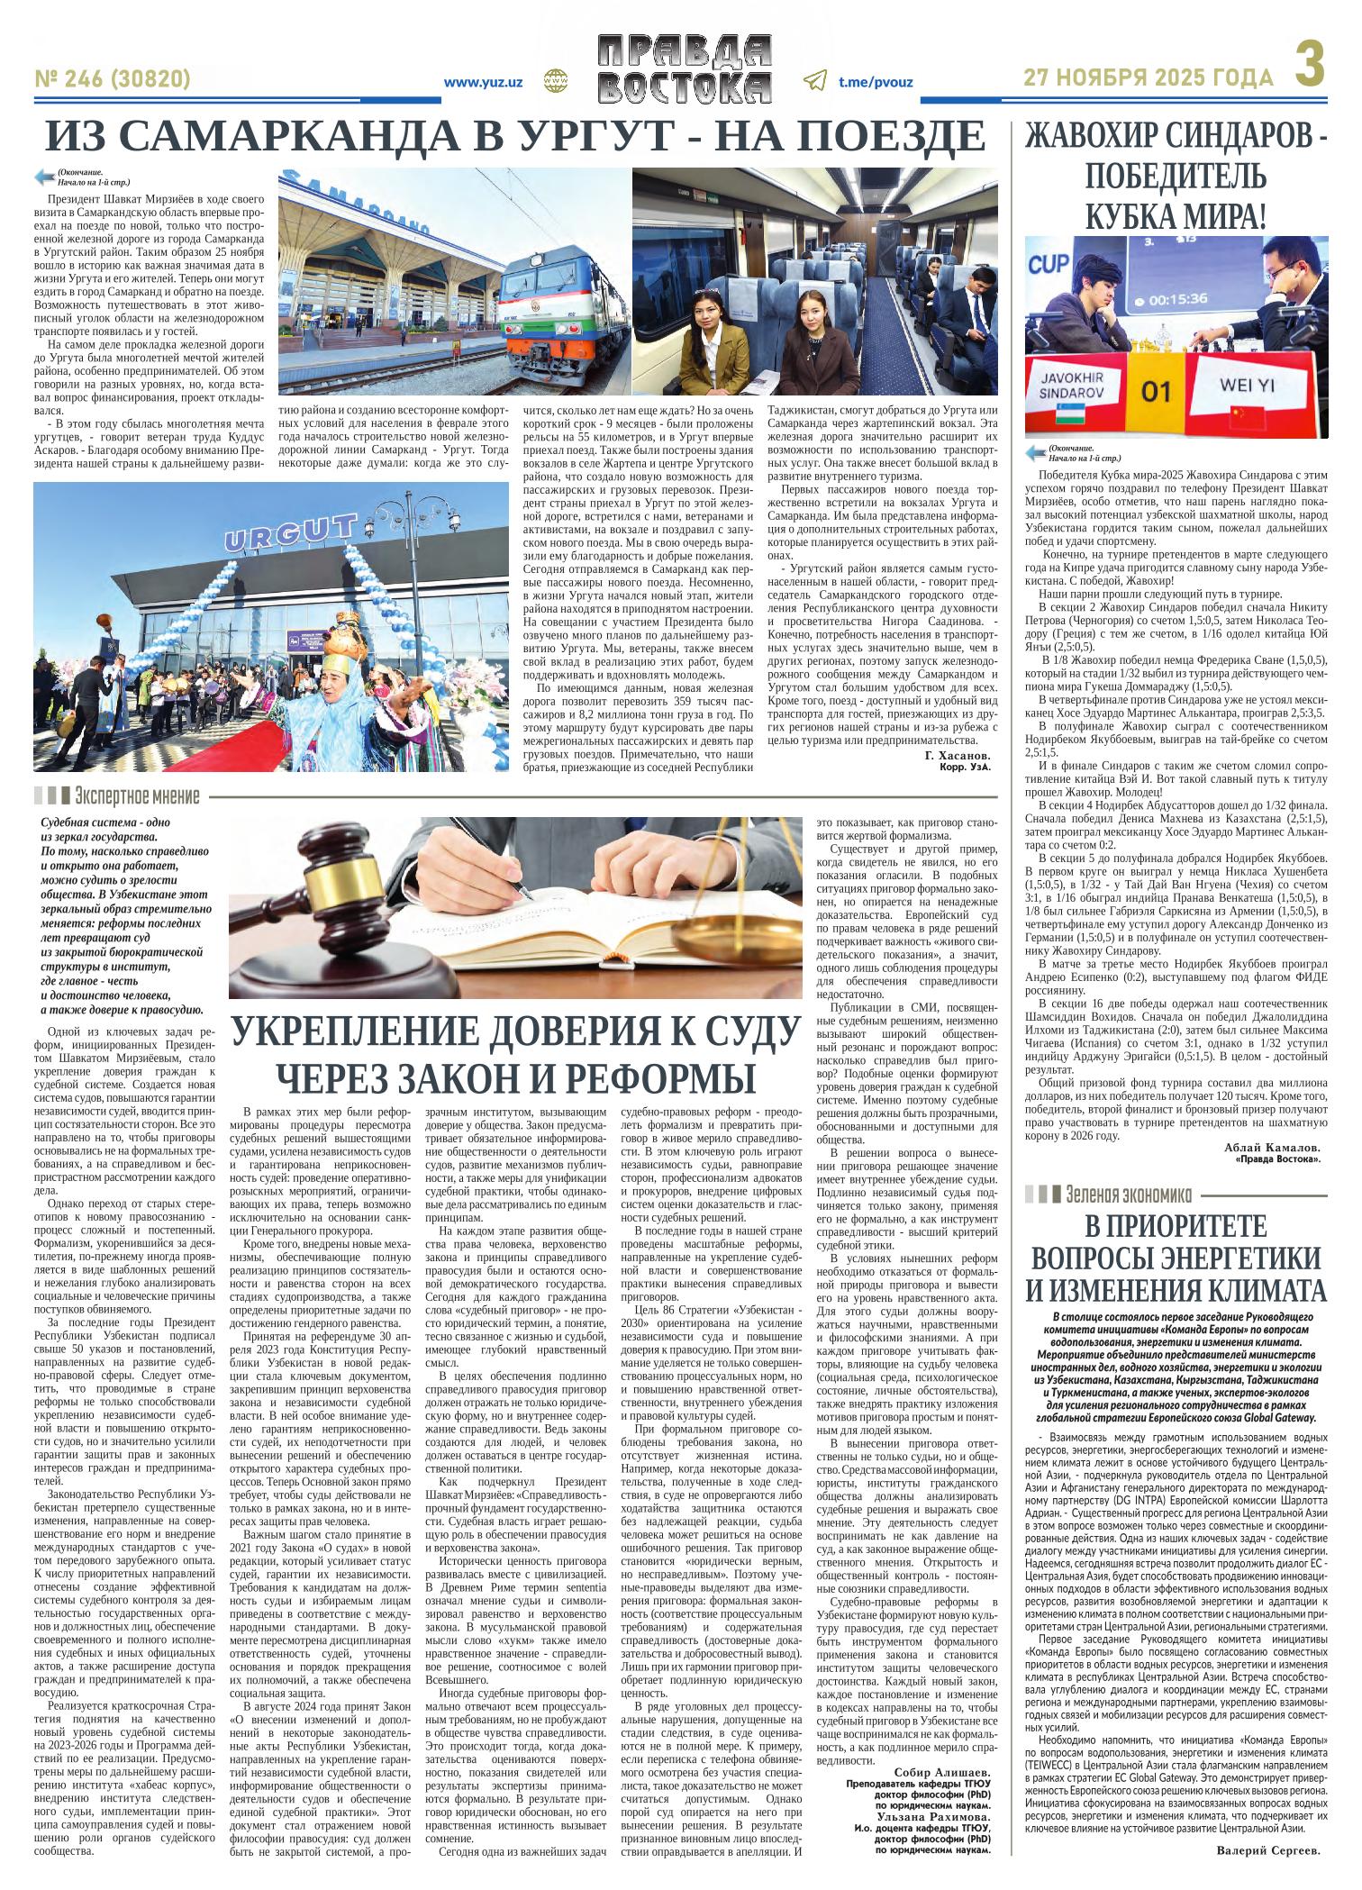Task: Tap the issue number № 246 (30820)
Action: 113,80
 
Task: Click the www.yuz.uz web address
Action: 484,81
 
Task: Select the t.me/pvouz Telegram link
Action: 875,81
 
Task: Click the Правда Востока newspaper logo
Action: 686,69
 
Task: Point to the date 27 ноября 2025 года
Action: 1150,79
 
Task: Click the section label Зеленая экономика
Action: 1127,1195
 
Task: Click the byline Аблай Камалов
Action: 1273,1148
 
